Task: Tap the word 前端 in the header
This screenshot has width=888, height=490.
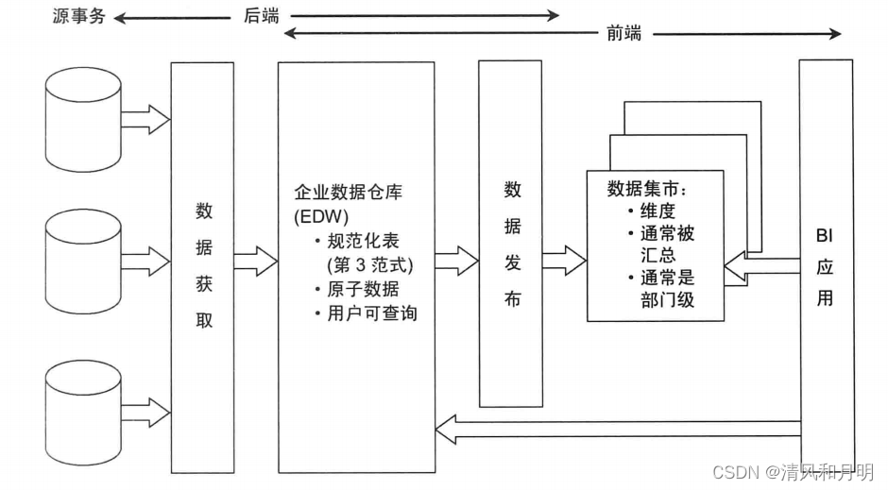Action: [x=623, y=33]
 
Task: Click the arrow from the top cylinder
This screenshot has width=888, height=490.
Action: [x=145, y=119]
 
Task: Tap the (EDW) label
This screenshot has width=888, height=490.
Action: [x=321, y=217]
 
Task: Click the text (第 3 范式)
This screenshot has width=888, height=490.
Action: [x=368, y=263]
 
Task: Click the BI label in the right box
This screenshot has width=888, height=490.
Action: [x=826, y=233]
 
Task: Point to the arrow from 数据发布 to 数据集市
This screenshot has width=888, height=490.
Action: [x=564, y=257]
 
